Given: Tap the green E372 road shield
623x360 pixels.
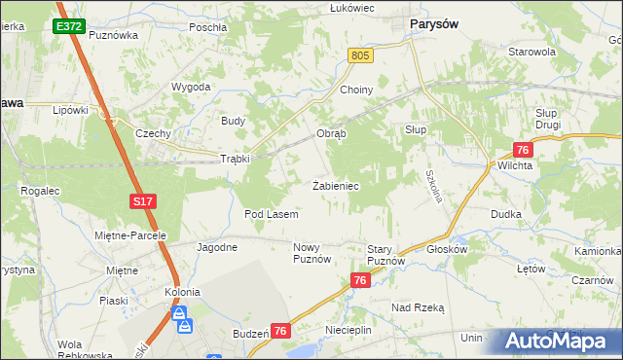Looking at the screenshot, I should [x=68, y=26].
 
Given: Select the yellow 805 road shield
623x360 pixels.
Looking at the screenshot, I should [x=360, y=57].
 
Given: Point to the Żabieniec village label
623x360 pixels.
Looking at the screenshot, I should [x=336, y=185].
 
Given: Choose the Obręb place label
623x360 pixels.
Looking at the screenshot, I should [x=331, y=133].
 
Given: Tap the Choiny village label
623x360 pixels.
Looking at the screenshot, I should [x=356, y=90].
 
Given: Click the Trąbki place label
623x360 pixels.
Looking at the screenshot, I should [x=236, y=159].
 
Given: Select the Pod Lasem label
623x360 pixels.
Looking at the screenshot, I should [x=271, y=213].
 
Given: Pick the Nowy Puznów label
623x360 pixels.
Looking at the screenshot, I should [x=312, y=253].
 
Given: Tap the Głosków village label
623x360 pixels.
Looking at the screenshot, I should [x=448, y=248].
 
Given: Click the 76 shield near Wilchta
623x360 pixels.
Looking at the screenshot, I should [x=523, y=149].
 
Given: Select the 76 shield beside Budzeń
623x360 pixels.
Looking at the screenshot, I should [x=280, y=332].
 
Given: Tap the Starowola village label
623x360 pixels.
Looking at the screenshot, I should [x=531, y=52].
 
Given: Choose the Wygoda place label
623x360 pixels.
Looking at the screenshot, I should [x=192, y=87].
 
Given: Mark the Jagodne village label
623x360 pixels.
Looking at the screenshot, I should [x=217, y=247].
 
